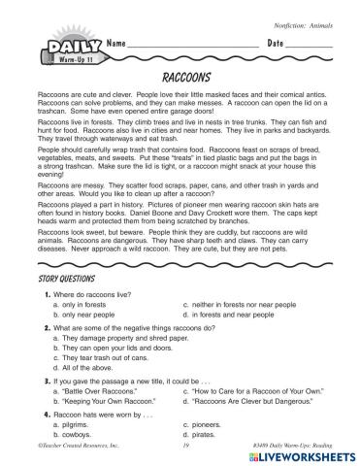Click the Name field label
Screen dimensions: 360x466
pos(118,46)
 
